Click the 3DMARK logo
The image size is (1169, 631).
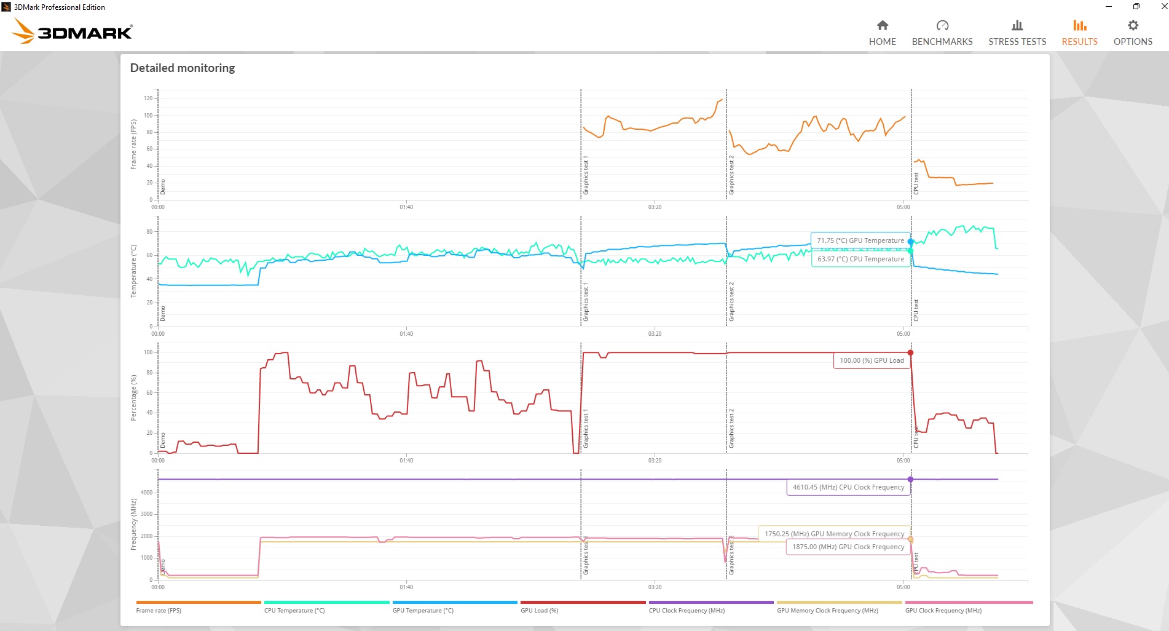(x=73, y=31)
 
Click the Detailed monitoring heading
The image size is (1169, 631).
(x=183, y=68)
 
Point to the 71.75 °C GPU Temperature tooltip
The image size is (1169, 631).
(x=860, y=240)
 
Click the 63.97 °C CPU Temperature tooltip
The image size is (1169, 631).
(x=860, y=259)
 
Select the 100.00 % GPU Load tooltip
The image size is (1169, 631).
(x=871, y=360)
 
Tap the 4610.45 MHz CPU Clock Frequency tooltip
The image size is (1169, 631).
(x=848, y=487)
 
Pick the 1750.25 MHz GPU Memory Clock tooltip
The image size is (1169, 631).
(x=834, y=534)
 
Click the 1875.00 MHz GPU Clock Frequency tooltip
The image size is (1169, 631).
(x=848, y=547)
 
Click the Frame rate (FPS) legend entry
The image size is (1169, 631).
(x=159, y=610)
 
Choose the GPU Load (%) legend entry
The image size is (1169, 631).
(x=539, y=610)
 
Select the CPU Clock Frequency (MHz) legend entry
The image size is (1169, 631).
(x=687, y=610)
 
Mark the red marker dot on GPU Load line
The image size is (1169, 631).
(x=910, y=352)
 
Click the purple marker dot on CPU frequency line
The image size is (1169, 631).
(x=910, y=479)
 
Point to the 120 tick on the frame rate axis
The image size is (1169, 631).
(x=148, y=98)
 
